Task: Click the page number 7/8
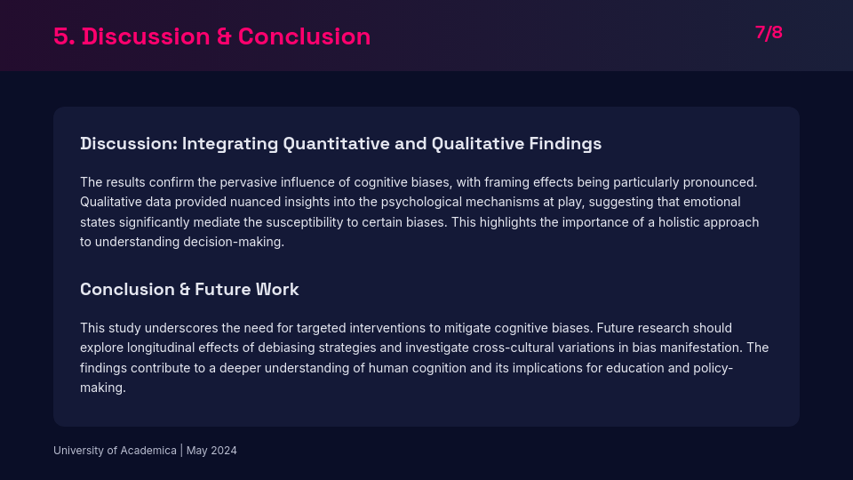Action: (769, 33)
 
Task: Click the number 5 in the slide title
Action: (61, 36)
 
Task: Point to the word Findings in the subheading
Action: (565, 143)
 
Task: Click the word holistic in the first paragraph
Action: (668, 222)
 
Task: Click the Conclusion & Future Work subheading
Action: (189, 289)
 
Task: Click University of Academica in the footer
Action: (115, 451)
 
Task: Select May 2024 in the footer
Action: (211, 451)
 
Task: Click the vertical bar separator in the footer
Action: (181, 451)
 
